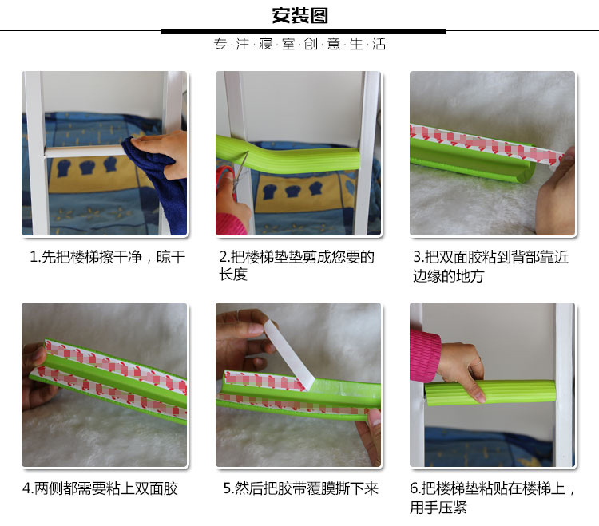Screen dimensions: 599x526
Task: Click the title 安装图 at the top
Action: point(299,16)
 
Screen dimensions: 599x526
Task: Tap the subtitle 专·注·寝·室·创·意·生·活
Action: point(299,44)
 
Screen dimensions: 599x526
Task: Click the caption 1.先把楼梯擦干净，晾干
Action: point(107,257)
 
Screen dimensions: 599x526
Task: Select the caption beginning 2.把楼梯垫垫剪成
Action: point(296,266)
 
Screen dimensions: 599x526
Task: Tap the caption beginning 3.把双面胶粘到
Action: point(490,266)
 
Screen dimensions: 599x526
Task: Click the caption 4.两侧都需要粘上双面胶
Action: point(100,488)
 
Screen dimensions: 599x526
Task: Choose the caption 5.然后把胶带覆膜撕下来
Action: point(300,488)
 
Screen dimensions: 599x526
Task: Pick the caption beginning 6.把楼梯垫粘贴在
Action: point(493,498)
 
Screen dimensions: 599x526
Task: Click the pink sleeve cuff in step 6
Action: point(424,356)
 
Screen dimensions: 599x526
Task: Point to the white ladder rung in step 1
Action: point(85,151)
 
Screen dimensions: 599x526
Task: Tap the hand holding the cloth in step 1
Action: point(161,151)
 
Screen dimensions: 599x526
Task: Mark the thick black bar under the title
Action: point(303,32)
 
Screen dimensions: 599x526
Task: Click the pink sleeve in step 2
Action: point(230,224)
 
